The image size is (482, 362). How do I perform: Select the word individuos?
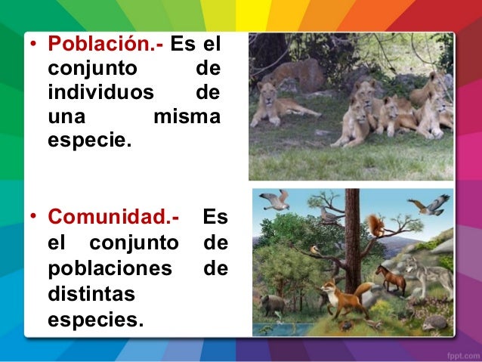tap(100, 94)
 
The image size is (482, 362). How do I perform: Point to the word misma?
tap(187, 118)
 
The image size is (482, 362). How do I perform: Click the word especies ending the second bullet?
tap(94, 320)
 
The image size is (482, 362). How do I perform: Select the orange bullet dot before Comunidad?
tap(34, 218)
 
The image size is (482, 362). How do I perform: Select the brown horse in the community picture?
tap(390, 277)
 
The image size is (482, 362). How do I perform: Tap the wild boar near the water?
tap(273, 304)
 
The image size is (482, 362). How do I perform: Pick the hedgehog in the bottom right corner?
tap(435, 322)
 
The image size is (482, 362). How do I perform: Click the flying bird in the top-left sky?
tap(274, 200)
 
